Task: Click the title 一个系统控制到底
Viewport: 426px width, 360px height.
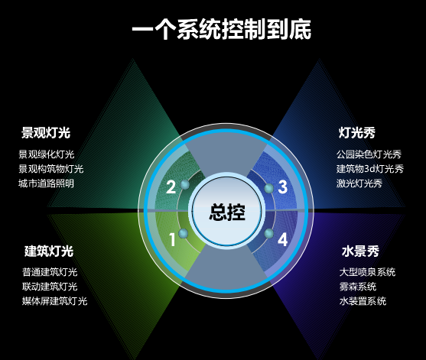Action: coord(222,29)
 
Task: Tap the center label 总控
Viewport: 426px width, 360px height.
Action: coord(227,212)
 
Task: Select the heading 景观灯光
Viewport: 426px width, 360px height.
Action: coord(46,132)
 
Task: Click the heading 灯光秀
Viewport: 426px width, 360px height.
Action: coord(357,132)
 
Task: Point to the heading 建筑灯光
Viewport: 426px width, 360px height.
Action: coord(49,251)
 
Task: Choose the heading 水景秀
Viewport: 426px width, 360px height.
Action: coord(360,251)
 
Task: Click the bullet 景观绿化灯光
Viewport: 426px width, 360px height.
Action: coord(47,154)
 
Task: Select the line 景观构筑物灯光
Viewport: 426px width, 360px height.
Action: coord(51,169)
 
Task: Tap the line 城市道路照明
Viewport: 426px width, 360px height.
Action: coord(46,183)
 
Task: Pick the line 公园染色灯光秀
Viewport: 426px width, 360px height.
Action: coord(369,154)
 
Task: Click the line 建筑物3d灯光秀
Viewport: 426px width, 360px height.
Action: coord(370,169)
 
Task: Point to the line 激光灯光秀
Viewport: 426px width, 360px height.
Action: coord(359,183)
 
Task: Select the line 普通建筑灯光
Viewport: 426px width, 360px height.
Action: coord(50,272)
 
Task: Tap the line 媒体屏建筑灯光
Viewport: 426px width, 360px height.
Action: coord(54,301)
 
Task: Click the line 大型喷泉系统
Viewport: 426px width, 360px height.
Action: coord(367,272)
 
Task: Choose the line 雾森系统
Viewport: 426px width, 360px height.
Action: coord(358,287)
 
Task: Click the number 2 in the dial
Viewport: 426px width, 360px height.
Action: coord(171,187)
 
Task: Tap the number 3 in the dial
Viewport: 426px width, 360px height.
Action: coord(282,187)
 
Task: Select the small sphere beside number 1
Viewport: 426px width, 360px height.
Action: coord(184,233)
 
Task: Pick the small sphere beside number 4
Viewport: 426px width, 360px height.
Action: coord(268,233)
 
